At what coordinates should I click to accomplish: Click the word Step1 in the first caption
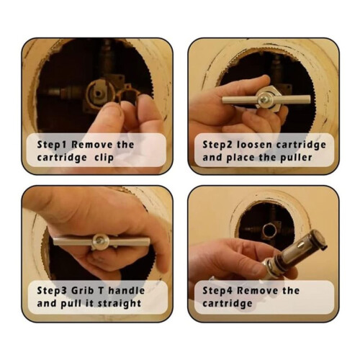(x=52, y=145)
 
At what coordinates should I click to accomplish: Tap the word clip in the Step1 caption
(x=104, y=158)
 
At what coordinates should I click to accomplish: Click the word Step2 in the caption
(x=217, y=145)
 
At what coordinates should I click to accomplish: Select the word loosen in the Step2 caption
(x=254, y=145)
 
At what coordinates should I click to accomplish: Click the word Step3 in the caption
(x=52, y=291)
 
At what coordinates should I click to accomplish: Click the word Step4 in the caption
(x=217, y=291)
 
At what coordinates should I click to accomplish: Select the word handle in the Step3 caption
(x=126, y=290)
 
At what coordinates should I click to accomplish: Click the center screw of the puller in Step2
(x=264, y=99)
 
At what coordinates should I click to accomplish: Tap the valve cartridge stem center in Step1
(x=98, y=92)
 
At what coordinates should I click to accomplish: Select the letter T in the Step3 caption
(x=101, y=290)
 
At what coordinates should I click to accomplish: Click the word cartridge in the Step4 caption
(x=228, y=304)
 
